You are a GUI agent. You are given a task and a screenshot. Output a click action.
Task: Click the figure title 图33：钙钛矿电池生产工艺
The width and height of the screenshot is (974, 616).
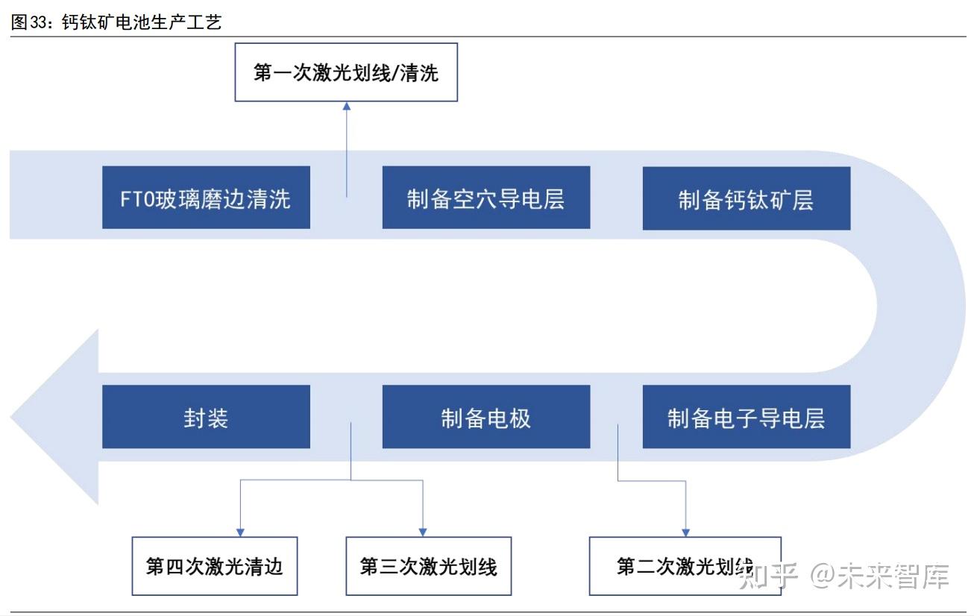(x=116, y=22)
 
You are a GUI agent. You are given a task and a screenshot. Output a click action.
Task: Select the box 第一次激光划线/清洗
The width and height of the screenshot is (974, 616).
(x=346, y=72)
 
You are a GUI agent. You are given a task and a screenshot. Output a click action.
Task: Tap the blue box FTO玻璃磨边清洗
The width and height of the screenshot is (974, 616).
(x=206, y=198)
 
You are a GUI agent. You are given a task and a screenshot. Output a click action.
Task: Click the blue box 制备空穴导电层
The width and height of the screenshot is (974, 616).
(x=486, y=198)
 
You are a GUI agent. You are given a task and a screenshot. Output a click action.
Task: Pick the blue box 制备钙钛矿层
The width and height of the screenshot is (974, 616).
(x=746, y=198)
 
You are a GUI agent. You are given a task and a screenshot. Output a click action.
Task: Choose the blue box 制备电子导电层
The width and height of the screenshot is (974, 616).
(x=746, y=417)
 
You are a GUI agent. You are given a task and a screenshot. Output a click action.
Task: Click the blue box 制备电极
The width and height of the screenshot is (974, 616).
(x=486, y=417)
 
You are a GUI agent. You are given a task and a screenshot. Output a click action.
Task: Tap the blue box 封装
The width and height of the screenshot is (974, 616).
(x=206, y=417)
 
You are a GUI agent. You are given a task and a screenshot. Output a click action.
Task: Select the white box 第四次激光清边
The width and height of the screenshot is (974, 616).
(x=215, y=566)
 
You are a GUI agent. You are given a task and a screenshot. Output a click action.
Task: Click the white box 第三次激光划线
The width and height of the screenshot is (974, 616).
(x=429, y=566)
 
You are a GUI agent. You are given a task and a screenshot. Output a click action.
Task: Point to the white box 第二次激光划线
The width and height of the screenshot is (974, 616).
(x=685, y=566)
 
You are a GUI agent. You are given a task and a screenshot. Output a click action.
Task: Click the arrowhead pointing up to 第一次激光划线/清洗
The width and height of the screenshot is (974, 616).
(x=346, y=107)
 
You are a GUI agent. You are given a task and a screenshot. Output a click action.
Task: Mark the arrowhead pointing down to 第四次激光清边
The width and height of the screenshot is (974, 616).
(x=239, y=532)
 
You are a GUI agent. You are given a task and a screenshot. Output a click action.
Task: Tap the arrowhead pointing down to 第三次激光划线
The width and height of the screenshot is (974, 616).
(x=423, y=532)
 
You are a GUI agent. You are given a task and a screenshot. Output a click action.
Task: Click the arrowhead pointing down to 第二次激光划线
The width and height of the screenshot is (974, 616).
(x=685, y=532)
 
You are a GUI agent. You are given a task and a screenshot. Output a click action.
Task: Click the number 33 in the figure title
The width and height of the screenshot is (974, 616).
(x=37, y=22)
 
